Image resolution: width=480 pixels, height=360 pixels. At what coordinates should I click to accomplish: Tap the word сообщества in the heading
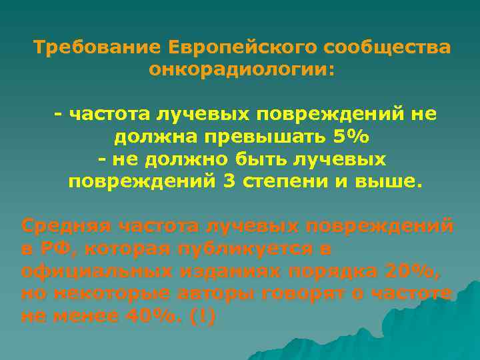point(388,48)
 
